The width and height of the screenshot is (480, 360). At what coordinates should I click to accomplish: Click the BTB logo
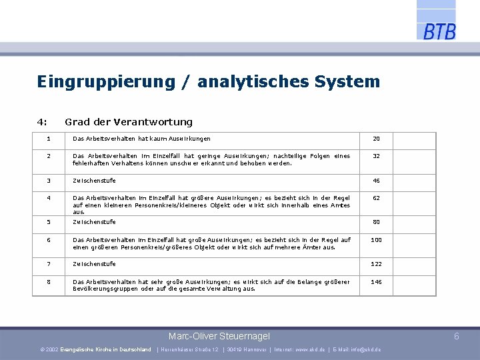tap(439, 31)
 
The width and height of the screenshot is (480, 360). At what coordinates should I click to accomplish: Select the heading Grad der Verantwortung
tap(128, 122)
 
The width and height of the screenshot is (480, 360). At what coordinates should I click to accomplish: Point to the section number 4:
tap(42, 122)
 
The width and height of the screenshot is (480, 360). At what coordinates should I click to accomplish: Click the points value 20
tap(376, 139)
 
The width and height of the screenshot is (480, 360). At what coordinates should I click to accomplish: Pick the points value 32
tap(376, 156)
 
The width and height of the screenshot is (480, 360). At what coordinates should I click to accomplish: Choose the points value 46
tap(376, 181)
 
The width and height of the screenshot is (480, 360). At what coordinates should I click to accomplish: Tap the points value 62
tap(376, 198)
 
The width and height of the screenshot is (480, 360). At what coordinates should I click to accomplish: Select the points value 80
tap(376, 222)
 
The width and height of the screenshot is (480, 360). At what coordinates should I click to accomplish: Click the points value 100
tap(376, 240)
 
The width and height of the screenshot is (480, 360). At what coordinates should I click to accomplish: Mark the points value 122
tap(376, 264)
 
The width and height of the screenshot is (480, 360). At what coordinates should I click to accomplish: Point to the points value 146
tap(376, 282)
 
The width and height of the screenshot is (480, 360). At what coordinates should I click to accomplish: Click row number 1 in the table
tap(49, 139)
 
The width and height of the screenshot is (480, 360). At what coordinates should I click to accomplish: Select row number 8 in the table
tap(49, 282)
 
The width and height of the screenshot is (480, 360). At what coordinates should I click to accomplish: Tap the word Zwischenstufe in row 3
tap(94, 181)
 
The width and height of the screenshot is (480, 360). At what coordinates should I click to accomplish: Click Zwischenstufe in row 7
tap(94, 264)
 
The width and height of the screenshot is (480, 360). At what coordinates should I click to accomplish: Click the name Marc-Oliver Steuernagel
tap(219, 336)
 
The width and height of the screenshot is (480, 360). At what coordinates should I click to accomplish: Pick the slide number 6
tap(457, 336)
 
